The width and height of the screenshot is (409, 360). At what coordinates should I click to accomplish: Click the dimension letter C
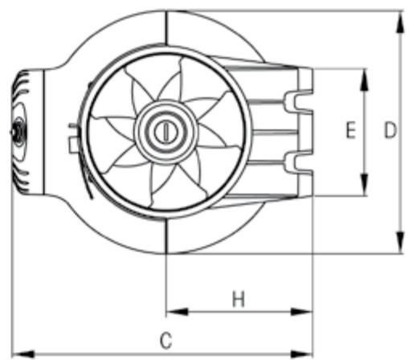[x=166, y=340]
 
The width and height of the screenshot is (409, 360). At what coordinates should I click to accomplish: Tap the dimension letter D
[x=391, y=131]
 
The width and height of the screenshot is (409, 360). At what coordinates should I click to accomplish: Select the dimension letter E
[x=350, y=131]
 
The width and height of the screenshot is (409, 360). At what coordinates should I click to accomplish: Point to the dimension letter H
[x=238, y=300]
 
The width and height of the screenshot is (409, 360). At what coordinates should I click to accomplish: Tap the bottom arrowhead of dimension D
[x=400, y=246]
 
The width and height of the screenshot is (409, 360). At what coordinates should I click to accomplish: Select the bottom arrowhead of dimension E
[x=365, y=188]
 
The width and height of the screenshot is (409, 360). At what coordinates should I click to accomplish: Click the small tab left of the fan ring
[x=74, y=144]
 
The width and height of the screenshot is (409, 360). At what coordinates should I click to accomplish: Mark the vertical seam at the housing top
[x=166, y=29]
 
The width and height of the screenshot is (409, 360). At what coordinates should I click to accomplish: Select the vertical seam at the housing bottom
[x=166, y=237]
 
